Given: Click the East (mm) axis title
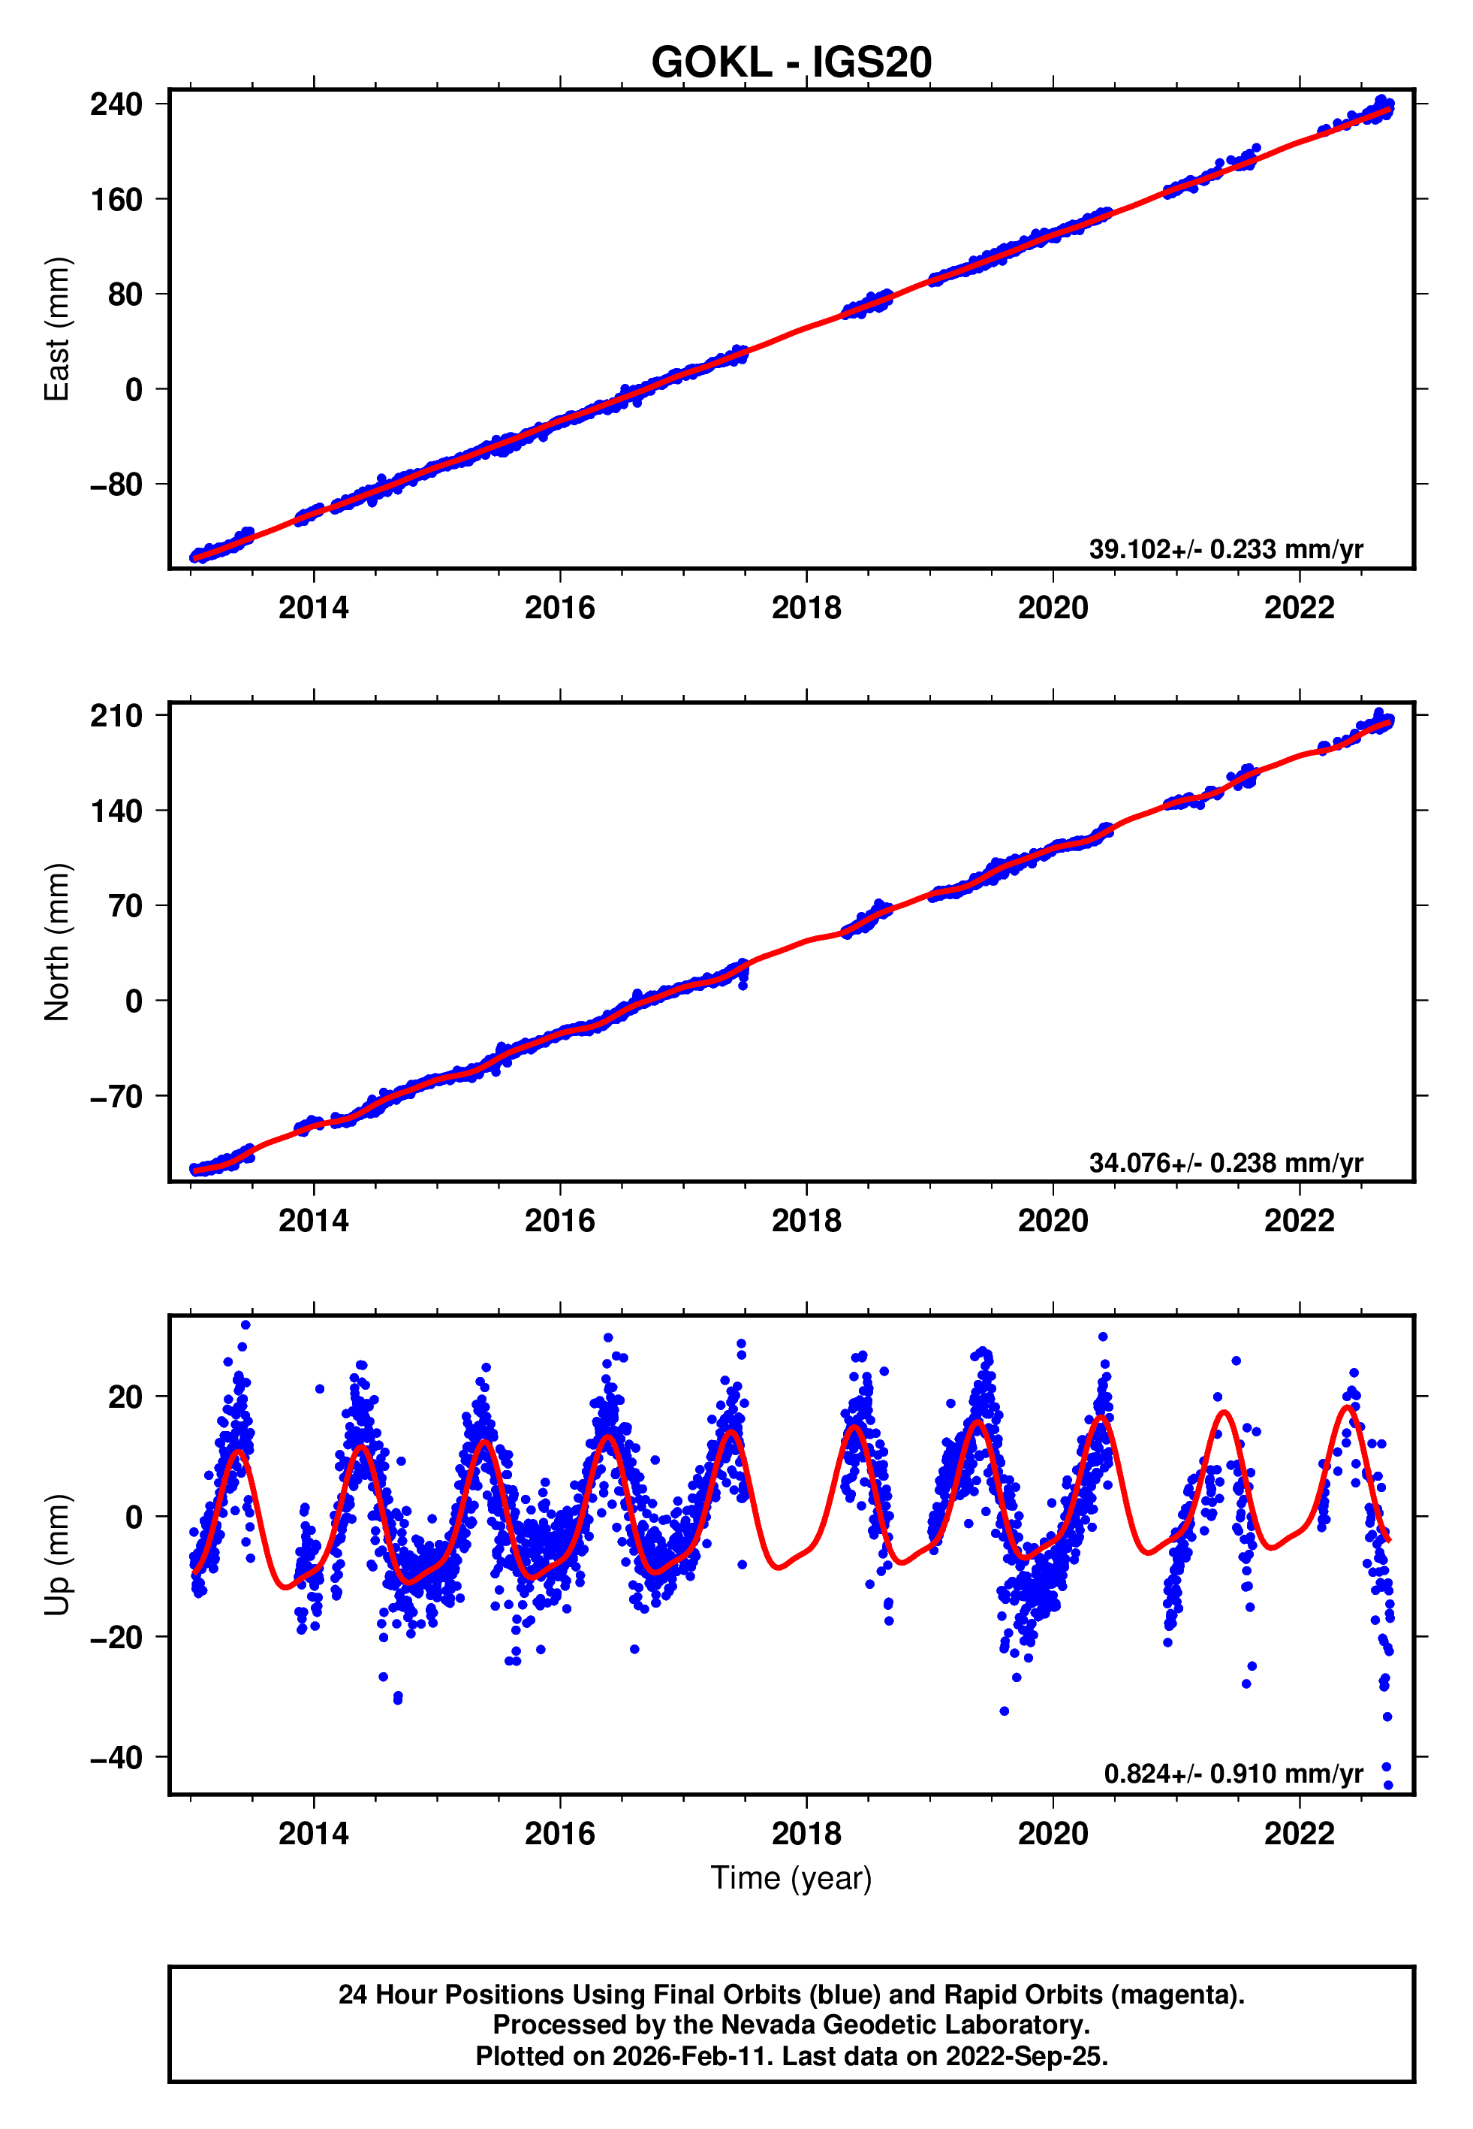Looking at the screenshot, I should (x=57, y=329).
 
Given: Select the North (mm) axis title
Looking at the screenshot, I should (x=57, y=942).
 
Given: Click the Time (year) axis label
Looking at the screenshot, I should (x=791, y=1878).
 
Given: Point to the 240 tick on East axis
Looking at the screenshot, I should (x=116, y=104).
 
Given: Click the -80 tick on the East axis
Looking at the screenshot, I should (x=116, y=485).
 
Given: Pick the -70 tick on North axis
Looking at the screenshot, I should (x=116, y=1097).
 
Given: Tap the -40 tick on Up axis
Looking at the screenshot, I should (x=116, y=1758).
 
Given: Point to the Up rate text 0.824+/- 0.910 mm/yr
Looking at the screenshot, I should (x=1232, y=1774).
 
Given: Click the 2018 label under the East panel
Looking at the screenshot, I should (x=806, y=609).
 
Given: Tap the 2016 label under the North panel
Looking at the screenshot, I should (x=559, y=1222).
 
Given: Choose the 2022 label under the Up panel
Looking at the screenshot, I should (x=1299, y=1834).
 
